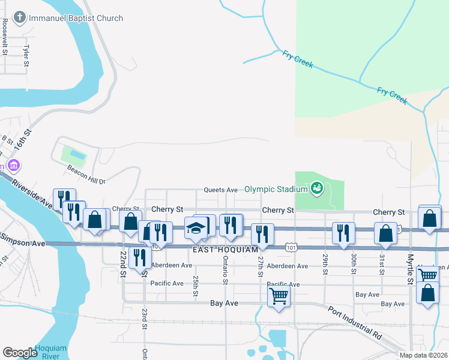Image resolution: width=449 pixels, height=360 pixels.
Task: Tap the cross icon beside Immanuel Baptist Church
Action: tap(20, 18)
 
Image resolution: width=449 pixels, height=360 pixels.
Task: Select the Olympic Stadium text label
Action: tap(276, 189)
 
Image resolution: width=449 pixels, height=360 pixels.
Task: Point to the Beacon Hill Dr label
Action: tap(86, 181)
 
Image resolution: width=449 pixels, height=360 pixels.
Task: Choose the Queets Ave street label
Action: tap(221, 190)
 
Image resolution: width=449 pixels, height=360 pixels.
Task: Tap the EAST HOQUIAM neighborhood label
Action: tap(225, 248)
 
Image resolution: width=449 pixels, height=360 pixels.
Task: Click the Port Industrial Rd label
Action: tap(355, 323)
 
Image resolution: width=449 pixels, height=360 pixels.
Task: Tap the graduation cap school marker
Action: tap(197, 227)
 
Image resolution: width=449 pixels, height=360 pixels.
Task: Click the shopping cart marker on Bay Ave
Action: tap(279, 295)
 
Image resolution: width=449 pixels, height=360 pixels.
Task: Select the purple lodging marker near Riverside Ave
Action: tap(13, 164)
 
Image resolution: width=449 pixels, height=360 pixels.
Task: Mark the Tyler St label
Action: tap(26, 55)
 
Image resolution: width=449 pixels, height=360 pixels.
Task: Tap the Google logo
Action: tap(19, 353)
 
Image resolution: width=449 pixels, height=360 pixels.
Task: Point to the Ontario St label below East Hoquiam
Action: tap(226, 270)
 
